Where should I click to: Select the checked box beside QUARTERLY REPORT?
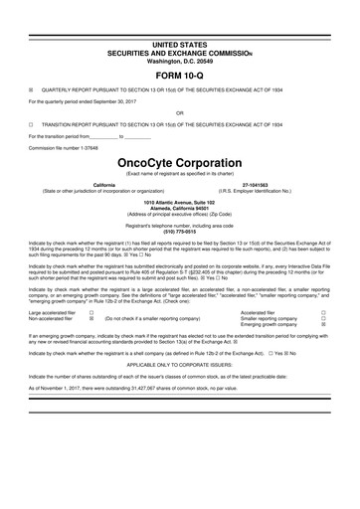click(x=32, y=97)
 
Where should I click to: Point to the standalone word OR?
click(x=179, y=124)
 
